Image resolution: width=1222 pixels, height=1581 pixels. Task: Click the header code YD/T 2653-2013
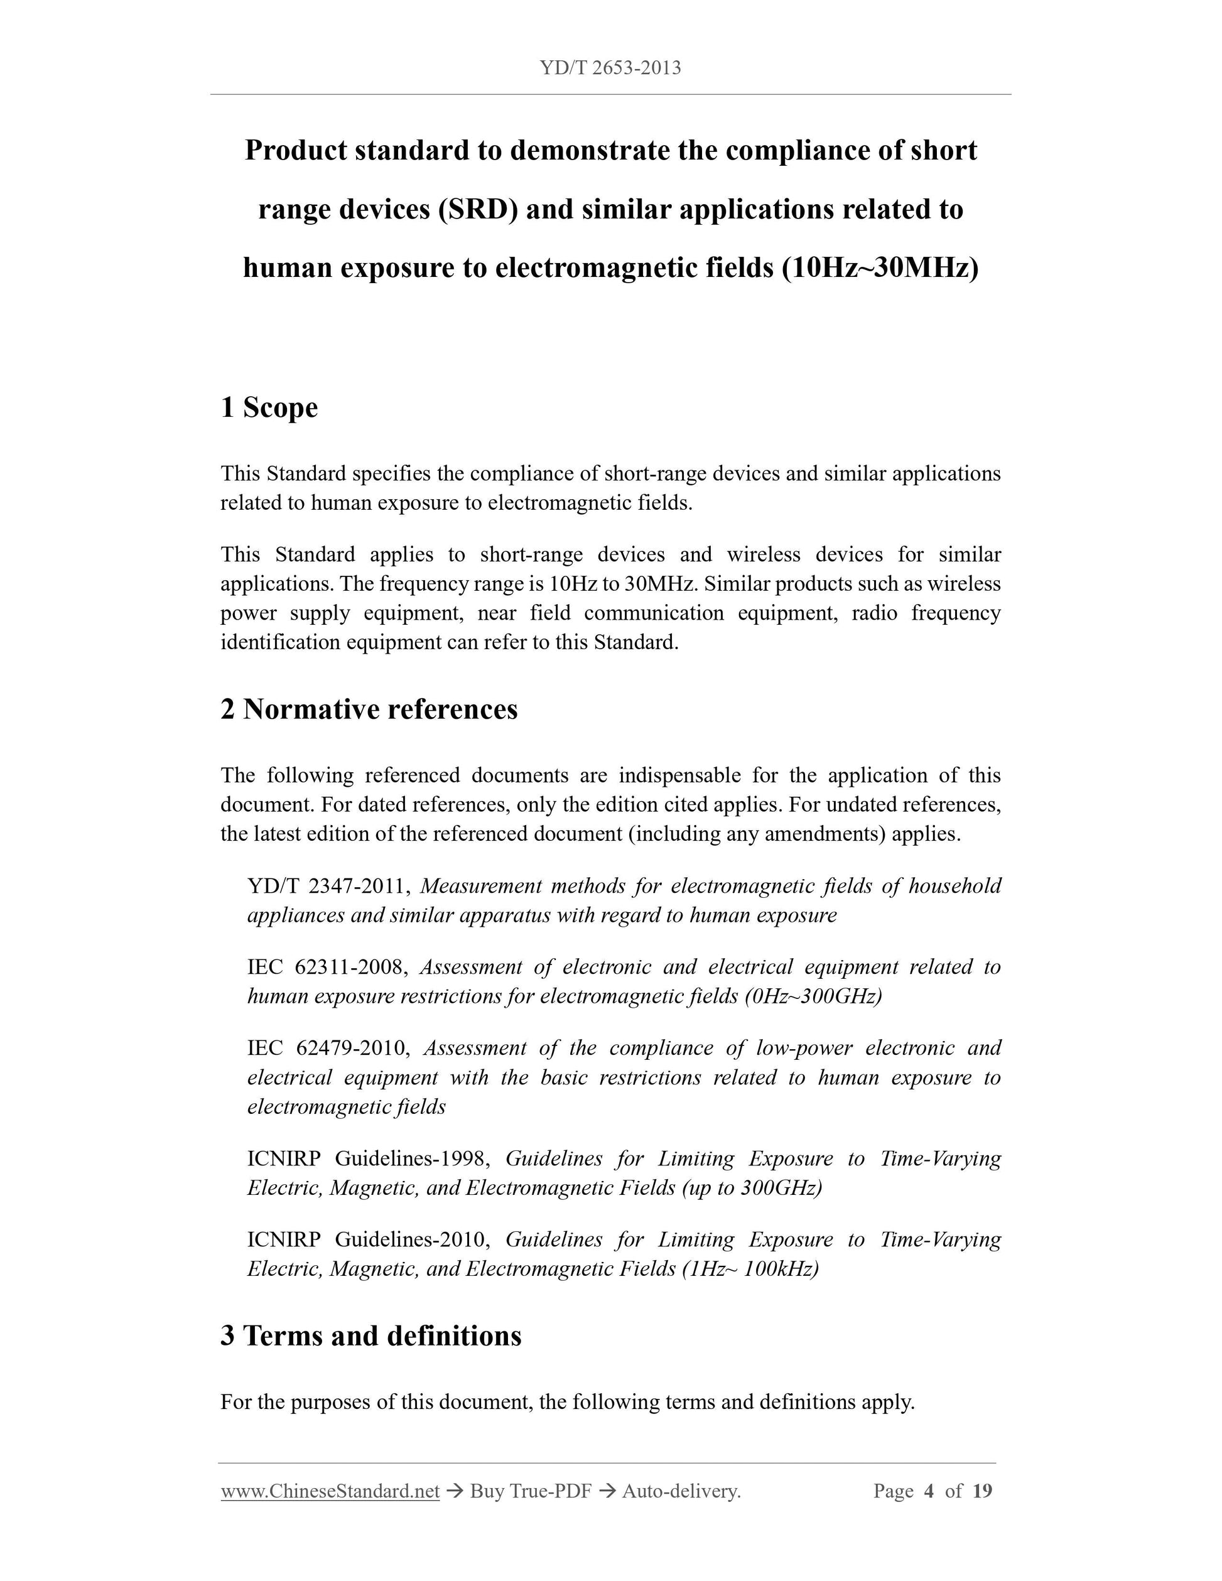coord(610,68)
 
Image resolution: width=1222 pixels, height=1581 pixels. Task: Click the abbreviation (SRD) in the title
coord(477,209)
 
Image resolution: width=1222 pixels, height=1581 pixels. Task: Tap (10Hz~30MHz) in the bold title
coord(880,268)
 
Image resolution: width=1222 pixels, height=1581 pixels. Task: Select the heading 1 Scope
coord(269,407)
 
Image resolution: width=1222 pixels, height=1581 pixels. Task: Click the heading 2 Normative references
coord(369,710)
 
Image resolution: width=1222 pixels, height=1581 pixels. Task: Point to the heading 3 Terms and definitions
coord(370,1335)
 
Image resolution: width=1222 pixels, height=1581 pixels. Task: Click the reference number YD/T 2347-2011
coord(330,886)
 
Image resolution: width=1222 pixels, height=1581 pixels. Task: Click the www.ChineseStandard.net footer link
coord(330,1491)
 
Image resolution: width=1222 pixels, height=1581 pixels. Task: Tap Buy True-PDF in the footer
coord(531,1491)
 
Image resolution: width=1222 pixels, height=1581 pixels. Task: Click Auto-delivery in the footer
coord(681,1491)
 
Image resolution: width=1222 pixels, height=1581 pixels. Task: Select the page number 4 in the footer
coord(929,1491)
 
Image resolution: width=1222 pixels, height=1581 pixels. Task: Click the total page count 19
coord(981,1491)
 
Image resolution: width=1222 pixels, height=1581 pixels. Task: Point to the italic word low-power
coord(804,1048)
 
